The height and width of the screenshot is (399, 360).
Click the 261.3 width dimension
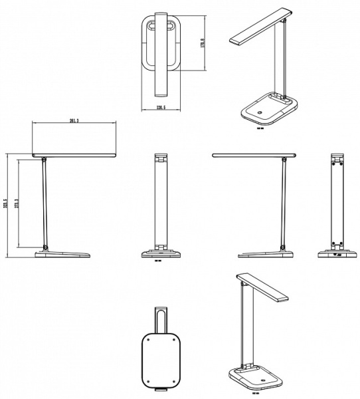tap(74, 121)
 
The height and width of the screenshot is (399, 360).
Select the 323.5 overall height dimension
tap(5, 205)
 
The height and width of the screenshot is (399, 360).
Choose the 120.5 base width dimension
tap(161, 106)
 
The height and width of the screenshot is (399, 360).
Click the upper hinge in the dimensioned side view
tap(44, 160)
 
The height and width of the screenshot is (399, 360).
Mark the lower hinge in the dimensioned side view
tap(45, 248)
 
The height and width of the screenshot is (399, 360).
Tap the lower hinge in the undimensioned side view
tap(284, 248)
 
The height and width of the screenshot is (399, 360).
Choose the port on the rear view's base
tap(338, 254)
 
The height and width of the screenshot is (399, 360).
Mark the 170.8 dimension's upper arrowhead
tap(203, 15)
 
